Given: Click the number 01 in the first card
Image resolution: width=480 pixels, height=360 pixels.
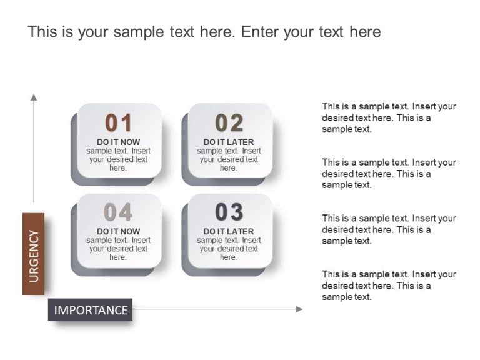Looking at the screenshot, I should pyautogui.click(x=118, y=122).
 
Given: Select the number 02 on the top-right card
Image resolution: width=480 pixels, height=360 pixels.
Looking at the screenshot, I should pyautogui.click(x=229, y=122).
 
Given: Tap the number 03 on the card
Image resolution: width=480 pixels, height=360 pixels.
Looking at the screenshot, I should pyautogui.click(x=229, y=212).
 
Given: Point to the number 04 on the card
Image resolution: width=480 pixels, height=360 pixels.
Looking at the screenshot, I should pyautogui.click(x=118, y=212).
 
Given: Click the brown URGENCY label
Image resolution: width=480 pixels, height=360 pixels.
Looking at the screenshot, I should pyautogui.click(x=34, y=254).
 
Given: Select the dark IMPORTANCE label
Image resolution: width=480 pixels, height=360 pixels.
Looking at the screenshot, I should pyautogui.click(x=91, y=310).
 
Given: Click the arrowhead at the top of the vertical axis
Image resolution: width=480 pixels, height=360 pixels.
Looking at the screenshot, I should pyautogui.click(x=34, y=97).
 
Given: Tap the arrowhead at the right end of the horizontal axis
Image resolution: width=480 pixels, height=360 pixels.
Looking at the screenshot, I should pyautogui.click(x=299, y=309).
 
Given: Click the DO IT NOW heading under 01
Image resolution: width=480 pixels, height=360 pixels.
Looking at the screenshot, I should pyautogui.click(x=118, y=142).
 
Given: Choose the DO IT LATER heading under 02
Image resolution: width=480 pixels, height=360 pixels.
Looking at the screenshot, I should pyautogui.click(x=229, y=142).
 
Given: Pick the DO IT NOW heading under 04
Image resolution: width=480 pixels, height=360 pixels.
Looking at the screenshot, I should pyautogui.click(x=118, y=231).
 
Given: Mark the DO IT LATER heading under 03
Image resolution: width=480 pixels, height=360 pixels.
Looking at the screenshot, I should pyautogui.click(x=229, y=231).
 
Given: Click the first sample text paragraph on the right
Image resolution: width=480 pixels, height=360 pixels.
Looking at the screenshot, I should pyautogui.click(x=389, y=117).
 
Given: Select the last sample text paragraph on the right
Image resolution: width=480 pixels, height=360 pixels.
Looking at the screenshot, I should pyautogui.click(x=389, y=286).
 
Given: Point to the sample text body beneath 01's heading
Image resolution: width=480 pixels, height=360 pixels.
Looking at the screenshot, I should pyautogui.click(x=118, y=159).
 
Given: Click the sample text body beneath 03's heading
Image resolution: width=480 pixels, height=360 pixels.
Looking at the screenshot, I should pyautogui.click(x=229, y=249).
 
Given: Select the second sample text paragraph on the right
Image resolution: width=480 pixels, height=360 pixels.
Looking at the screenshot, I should pyautogui.click(x=389, y=174).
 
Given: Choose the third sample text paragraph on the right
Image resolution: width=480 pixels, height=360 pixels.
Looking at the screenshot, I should pyautogui.click(x=389, y=229).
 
